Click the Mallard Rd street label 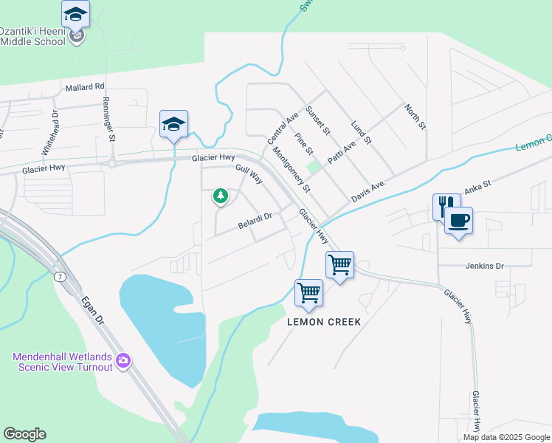(x=85, y=87)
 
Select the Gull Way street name (x=249, y=175)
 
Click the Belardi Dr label (x=255, y=216)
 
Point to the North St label (x=415, y=117)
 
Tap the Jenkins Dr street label (x=484, y=265)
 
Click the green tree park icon (x=220, y=196)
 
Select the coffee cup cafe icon (x=459, y=219)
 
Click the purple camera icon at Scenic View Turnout (x=123, y=361)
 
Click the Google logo (x=24, y=434)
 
